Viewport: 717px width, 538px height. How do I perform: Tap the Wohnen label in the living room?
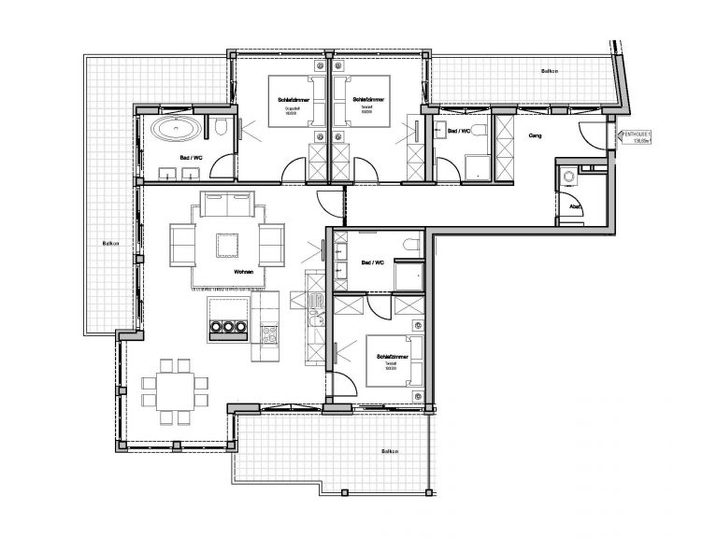click(246, 272)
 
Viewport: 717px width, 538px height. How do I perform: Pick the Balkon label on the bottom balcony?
click(390, 451)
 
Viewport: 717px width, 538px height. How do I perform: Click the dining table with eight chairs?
click(171, 384)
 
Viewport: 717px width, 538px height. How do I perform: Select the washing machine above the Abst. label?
click(566, 177)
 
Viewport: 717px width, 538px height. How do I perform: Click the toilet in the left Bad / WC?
click(218, 129)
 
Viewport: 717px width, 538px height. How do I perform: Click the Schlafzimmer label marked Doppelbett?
click(289, 98)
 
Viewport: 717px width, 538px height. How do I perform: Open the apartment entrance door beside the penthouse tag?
click(591, 134)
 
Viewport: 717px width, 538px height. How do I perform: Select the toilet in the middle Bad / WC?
click(409, 245)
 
